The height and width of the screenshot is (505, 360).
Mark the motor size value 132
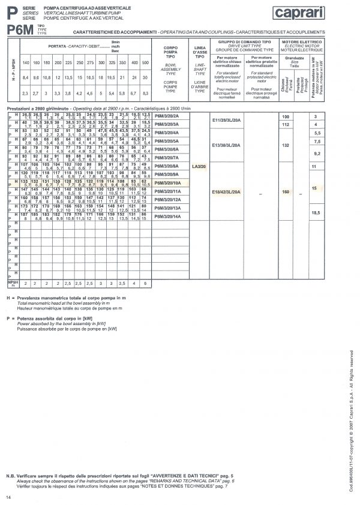point(285,145)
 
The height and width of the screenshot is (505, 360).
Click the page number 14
point(8,497)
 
